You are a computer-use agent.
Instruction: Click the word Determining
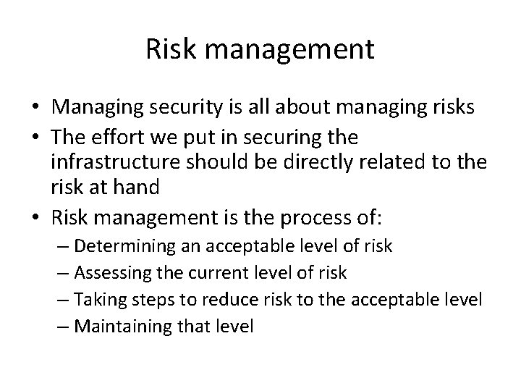(x=123, y=246)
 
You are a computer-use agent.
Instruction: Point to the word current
(x=221, y=273)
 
